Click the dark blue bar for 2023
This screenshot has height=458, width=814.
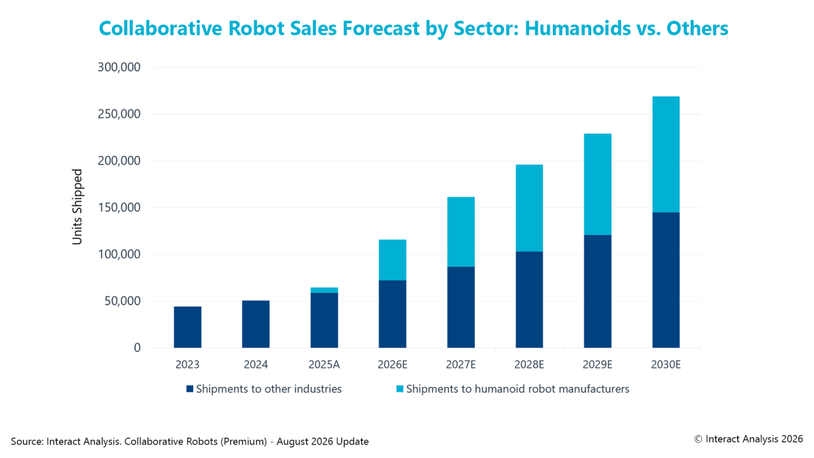[187, 327]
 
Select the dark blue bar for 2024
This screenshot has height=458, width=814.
[256, 324]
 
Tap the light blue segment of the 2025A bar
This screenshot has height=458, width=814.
[324, 290]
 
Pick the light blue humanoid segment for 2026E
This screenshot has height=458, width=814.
[393, 260]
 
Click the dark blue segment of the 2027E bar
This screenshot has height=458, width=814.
[461, 307]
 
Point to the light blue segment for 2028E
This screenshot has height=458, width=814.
[529, 208]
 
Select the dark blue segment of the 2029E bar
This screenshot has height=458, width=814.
[598, 291]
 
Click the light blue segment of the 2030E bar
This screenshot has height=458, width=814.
[665, 155]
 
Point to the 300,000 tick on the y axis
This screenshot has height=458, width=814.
[119, 67]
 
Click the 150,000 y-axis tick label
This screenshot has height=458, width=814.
[119, 208]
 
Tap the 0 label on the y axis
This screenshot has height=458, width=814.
[137, 348]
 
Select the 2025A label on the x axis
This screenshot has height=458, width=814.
[324, 364]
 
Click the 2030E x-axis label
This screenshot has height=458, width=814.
[665, 364]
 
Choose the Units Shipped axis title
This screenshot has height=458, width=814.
[77, 207]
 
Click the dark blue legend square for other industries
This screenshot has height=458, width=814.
[190, 389]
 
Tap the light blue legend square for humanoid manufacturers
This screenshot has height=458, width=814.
[400, 389]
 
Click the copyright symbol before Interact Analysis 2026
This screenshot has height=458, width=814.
[698, 439]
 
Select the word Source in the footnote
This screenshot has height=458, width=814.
[27, 441]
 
